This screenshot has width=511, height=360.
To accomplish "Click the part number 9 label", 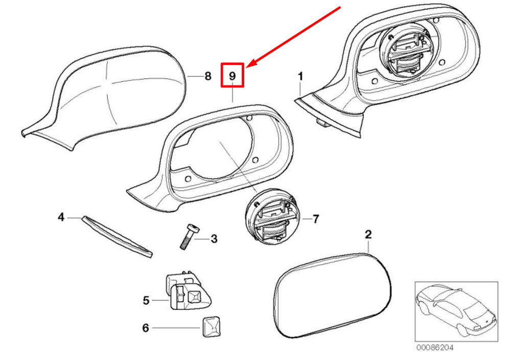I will [232, 76].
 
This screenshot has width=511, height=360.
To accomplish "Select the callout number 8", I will [207, 77].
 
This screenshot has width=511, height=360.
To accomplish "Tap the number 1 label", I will [301, 77].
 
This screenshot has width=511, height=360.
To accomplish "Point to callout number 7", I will [316, 219].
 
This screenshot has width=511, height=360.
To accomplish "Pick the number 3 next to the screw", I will [214, 239].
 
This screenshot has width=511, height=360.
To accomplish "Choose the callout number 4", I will [61, 217].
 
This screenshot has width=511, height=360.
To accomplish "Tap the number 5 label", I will [146, 301].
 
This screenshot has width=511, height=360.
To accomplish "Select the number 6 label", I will [146, 327].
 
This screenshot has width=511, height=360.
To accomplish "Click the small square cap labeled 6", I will [210, 327].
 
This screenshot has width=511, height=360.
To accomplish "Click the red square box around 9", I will [233, 75].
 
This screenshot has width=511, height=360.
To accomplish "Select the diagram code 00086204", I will [434, 348].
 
